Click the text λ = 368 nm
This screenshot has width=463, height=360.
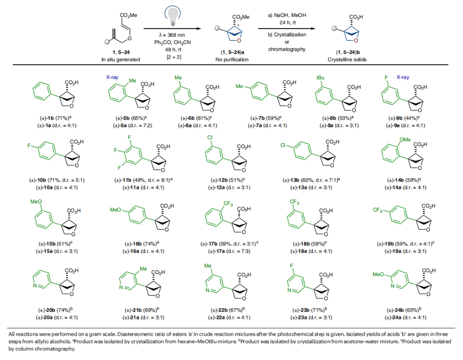point(173,35)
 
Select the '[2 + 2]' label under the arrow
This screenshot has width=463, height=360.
point(173,56)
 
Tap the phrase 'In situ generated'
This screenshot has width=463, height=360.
point(121,59)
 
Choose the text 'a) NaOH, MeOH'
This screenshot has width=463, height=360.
point(286,16)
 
